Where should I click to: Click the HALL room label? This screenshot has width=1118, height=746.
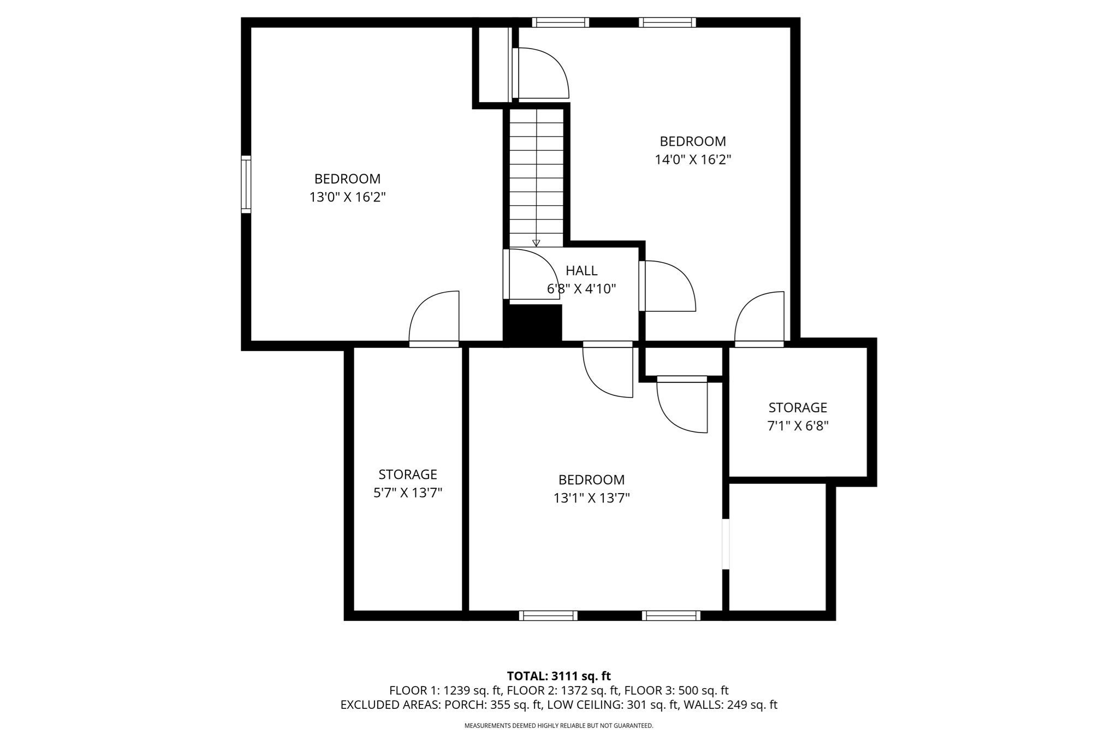coord(581,270)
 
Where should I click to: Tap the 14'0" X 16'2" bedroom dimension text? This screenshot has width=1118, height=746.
coord(693,160)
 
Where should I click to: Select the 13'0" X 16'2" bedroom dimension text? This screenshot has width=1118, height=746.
coord(348,197)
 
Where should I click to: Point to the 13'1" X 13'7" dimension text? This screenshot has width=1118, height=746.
coord(591,498)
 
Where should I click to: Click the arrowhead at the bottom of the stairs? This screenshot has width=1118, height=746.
coord(536,243)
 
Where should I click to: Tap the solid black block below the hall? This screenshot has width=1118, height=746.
coord(533,323)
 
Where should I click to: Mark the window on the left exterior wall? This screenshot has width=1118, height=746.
coord(246,184)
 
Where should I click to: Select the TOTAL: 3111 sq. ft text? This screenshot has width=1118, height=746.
coord(558,676)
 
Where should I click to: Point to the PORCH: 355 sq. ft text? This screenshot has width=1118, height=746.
coord(493,704)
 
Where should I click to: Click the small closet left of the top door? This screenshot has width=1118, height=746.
coord(493,63)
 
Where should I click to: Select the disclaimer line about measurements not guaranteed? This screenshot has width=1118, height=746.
coord(558,726)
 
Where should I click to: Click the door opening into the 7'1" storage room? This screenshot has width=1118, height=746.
coord(759,318)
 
